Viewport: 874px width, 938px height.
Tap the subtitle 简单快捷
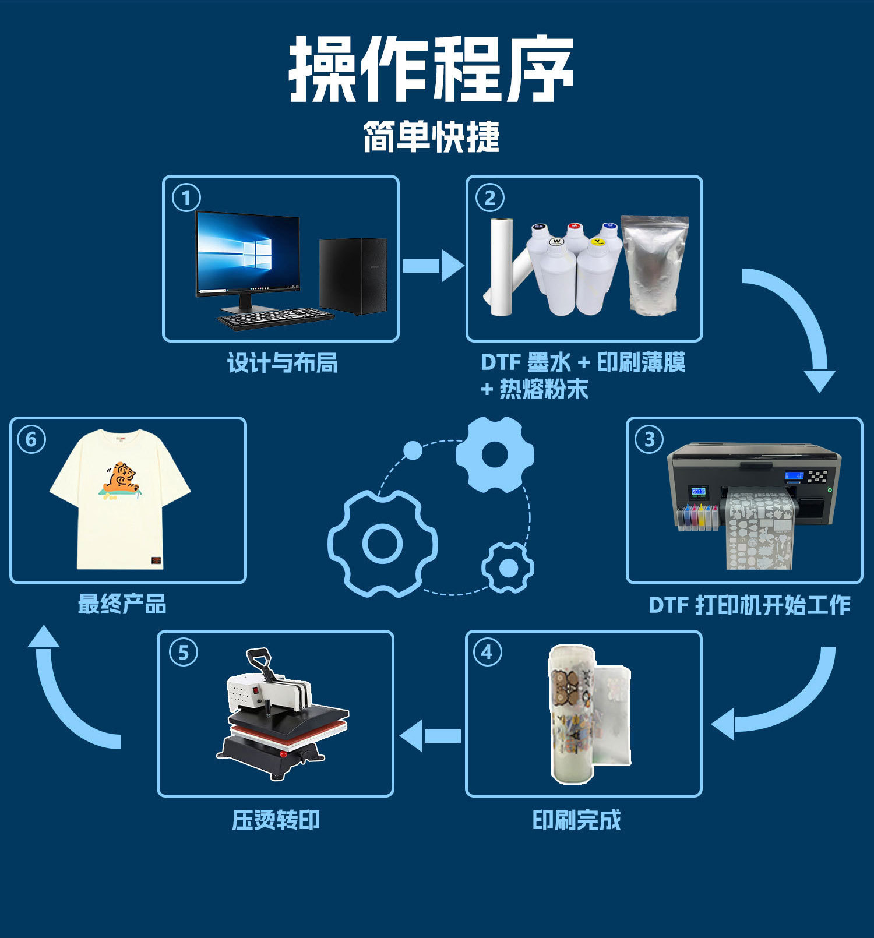click(x=432, y=137)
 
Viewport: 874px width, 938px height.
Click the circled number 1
click(x=186, y=198)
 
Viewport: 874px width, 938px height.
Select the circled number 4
click(x=487, y=653)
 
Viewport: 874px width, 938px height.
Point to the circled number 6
click(x=31, y=439)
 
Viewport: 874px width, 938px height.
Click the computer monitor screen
click(x=248, y=253)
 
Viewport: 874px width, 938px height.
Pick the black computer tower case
click(x=353, y=275)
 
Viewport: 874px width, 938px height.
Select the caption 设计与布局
click(x=282, y=363)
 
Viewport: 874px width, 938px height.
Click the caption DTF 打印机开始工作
click(x=749, y=605)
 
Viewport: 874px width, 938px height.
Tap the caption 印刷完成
click(x=576, y=820)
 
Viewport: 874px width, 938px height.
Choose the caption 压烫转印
click(x=276, y=820)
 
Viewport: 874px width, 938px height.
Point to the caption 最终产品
click(x=122, y=604)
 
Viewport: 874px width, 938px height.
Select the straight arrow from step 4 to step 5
click(x=431, y=736)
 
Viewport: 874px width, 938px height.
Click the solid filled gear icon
click(x=495, y=454)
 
